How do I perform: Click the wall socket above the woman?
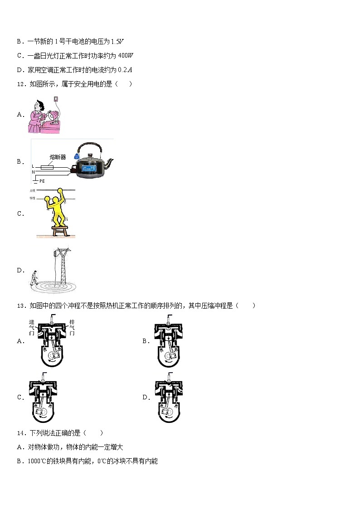click(x=56, y=99)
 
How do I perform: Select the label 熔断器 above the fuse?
click(x=58, y=157)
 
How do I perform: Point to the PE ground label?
click(x=42, y=181)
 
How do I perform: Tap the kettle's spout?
click(x=110, y=162)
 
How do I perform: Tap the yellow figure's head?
click(x=56, y=200)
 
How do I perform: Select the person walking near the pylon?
click(x=34, y=277)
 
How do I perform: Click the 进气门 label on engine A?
click(x=31, y=327)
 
